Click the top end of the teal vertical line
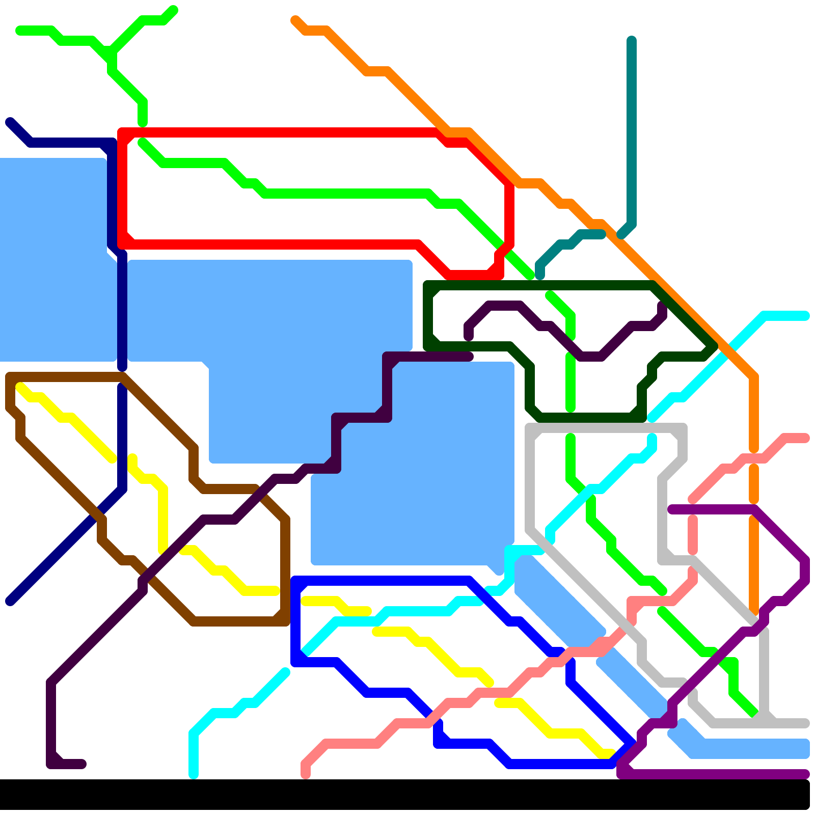click(x=632, y=40)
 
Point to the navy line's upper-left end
click(x=10, y=122)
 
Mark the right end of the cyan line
click(x=805, y=316)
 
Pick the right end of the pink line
click(x=805, y=438)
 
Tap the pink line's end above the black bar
click(x=306, y=774)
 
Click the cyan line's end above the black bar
click(x=194, y=774)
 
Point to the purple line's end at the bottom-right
click(x=805, y=774)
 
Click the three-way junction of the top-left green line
click(x=112, y=52)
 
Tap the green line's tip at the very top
click(x=173, y=10)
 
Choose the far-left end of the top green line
click(x=19, y=31)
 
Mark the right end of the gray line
click(x=805, y=723)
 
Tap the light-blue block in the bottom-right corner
click(x=749, y=748)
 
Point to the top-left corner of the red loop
click(x=122, y=133)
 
